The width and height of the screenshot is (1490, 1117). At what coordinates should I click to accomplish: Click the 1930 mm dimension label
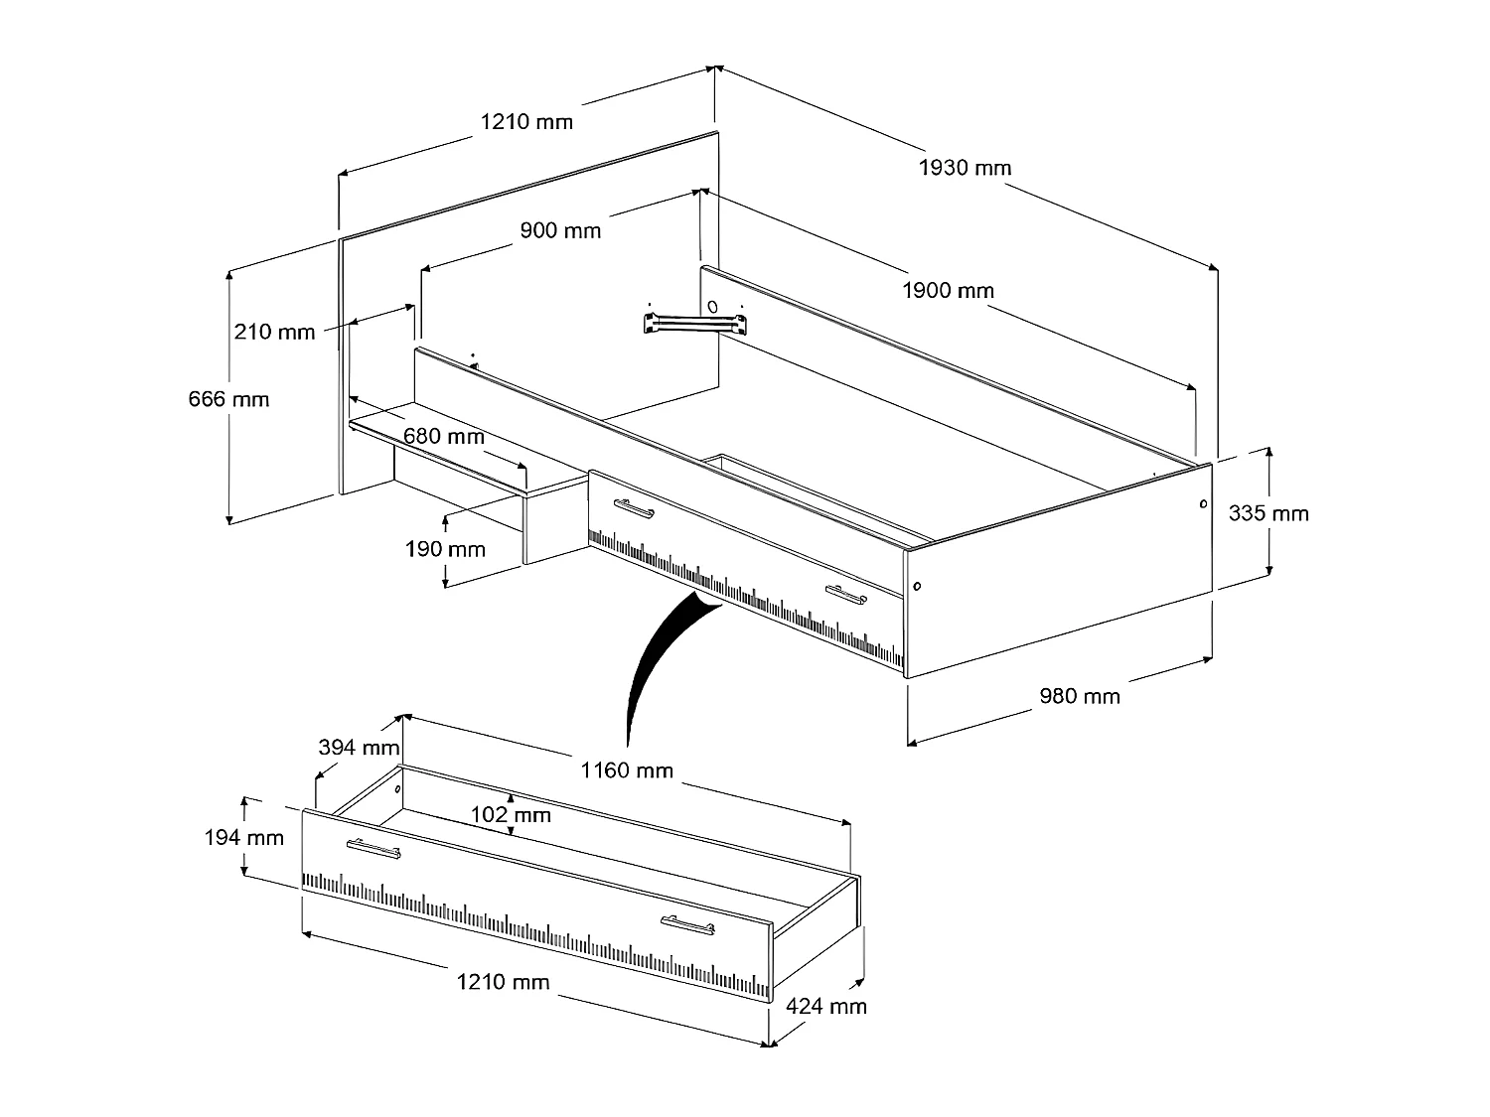[965, 168]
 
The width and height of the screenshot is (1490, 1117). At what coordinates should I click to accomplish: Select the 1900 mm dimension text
[948, 291]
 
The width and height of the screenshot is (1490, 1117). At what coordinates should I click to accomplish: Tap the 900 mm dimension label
[560, 230]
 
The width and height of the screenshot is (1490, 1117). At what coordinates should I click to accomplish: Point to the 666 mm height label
[228, 399]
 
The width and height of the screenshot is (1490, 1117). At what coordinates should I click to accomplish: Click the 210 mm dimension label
[274, 331]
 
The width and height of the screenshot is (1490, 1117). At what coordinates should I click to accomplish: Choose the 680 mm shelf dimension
[444, 436]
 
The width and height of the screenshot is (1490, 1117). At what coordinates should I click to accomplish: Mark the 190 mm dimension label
[445, 549]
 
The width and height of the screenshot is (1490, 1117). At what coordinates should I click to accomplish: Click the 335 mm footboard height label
[1268, 513]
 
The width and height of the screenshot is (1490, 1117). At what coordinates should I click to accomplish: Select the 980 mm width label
[1079, 696]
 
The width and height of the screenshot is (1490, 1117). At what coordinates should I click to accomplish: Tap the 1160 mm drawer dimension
[627, 769]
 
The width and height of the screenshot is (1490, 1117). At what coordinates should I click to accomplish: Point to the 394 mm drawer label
[359, 747]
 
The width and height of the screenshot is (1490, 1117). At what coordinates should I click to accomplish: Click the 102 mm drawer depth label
[511, 815]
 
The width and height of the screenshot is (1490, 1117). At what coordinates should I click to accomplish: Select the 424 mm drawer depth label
[826, 1006]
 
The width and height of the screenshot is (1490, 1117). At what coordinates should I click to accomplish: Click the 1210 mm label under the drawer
[503, 982]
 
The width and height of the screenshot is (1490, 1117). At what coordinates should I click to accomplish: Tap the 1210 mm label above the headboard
[526, 122]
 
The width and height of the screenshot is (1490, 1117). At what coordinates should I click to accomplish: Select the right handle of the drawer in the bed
[846, 594]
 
